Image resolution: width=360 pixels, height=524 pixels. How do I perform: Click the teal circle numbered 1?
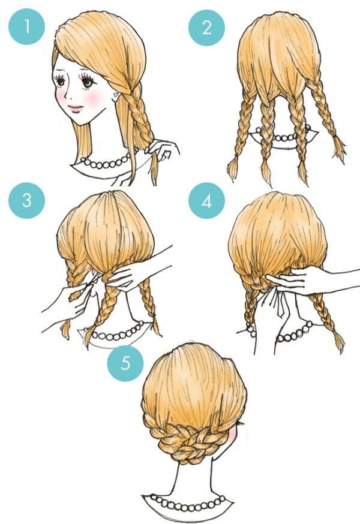pos(26,26)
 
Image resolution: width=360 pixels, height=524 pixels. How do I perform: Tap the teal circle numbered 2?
pos(207,28)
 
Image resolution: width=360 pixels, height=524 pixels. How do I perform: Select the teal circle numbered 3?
pos(26,200)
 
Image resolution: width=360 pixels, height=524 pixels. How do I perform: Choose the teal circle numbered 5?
pos(125,363)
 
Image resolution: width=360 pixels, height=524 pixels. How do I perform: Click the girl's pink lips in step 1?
pos(76,109)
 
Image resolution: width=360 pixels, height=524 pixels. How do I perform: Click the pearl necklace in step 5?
pos(188,504)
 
